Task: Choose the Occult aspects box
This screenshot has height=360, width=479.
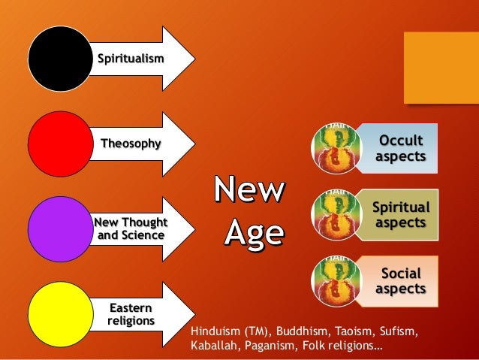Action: tap(400, 148)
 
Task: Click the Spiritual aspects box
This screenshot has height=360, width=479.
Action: tap(401, 214)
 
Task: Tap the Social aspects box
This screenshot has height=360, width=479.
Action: tap(400, 280)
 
